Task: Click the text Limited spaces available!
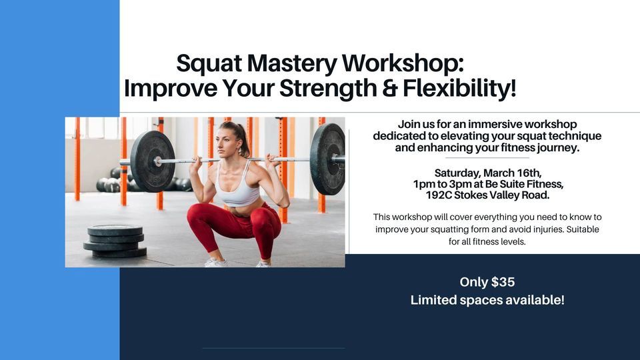487,300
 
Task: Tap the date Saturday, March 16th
487,172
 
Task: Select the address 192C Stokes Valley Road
487,195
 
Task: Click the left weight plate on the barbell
152,161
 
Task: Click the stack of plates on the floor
115,241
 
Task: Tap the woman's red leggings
233,227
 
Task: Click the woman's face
227,143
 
